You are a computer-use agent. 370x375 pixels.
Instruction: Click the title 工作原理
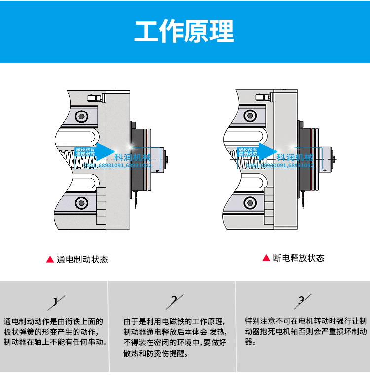(185, 32)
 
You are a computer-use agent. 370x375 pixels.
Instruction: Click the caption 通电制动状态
(82, 259)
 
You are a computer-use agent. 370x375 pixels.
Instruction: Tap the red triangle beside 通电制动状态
(50, 259)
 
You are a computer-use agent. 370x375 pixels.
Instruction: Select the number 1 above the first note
(56, 301)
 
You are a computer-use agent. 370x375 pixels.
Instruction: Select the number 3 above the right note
(302, 300)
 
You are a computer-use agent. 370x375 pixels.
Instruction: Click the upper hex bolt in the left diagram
(82, 116)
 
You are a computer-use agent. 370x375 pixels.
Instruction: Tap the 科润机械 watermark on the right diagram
(295, 157)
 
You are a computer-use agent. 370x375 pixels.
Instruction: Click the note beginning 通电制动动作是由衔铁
(55, 332)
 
